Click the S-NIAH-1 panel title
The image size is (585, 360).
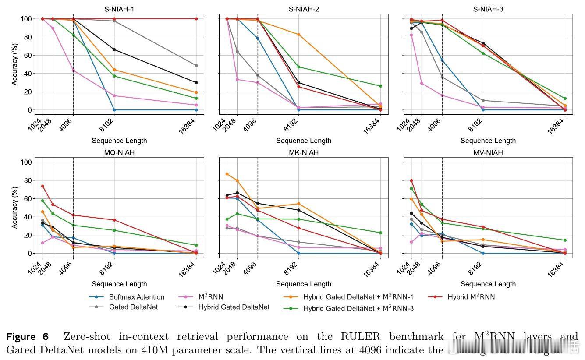119,9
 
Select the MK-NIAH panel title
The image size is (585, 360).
304,152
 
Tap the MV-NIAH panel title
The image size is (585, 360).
488,152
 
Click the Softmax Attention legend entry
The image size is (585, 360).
137,297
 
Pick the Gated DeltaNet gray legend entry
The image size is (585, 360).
133,307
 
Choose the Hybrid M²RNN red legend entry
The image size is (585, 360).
471,297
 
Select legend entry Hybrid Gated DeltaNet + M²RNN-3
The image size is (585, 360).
358,308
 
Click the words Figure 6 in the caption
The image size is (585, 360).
27,337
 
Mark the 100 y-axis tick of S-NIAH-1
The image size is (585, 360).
26,19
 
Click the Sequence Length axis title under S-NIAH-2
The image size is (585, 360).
304,141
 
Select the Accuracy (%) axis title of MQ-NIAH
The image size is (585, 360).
15,208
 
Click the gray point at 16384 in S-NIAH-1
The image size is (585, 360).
196,65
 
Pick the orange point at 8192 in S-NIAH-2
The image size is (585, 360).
298,35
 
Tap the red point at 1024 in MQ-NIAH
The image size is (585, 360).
43,186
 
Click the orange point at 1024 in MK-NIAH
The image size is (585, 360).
227,174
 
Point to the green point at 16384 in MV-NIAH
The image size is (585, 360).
565,240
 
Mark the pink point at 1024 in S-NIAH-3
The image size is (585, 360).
411,35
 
